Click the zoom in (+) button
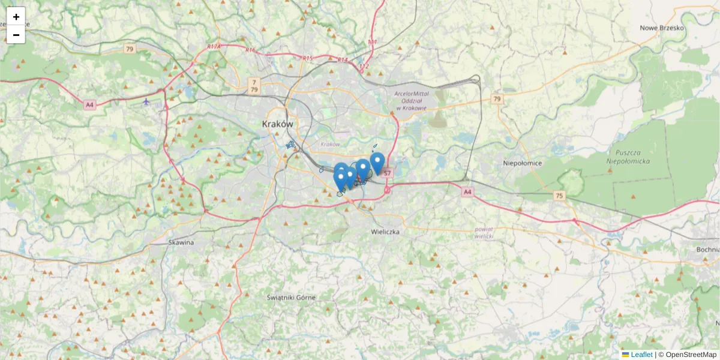[x=16, y=17]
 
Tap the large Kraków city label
[x=278, y=124]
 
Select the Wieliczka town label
[x=385, y=232]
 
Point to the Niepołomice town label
[x=523, y=163]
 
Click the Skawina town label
[x=181, y=242]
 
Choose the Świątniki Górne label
[x=290, y=298]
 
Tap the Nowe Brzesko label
[x=662, y=28]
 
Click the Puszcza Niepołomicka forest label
[x=625, y=157]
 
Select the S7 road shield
[x=387, y=173]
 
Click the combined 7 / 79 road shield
[x=254, y=86]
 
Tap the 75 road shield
[x=559, y=196]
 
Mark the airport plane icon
[x=146, y=101]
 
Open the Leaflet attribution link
[x=641, y=355]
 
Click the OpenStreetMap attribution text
[x=691, y=355]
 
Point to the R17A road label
[x=214, y=46]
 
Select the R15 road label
[x=307, y=58]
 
